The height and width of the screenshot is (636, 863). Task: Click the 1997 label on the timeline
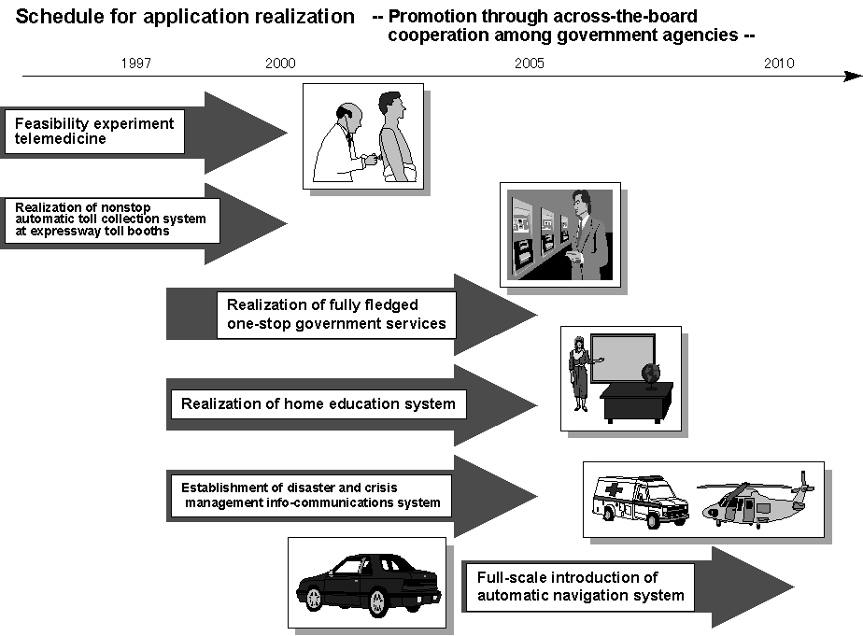click(136, 64)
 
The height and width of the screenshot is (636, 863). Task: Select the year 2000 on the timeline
click(280, 64)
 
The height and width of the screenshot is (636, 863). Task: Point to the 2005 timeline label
click(530, 64)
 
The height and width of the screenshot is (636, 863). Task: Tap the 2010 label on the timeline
click(779, 64)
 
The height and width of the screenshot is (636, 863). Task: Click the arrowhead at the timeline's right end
click(853, 76)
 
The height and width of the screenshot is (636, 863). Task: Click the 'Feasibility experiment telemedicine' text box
click(94, 132)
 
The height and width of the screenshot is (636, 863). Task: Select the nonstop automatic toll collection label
click(112, 220)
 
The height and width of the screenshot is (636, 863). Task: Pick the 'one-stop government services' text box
click(336, 315)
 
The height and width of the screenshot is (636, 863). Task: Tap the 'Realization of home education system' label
click(318, 404)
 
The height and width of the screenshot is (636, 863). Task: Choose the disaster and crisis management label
click(311, 496)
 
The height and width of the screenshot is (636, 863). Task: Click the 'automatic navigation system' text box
click(580, 587)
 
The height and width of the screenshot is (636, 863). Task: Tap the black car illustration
click(368, 584)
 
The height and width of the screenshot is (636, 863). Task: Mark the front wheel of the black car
click(378, 602)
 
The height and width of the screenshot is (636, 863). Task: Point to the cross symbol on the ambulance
click(613, 489)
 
